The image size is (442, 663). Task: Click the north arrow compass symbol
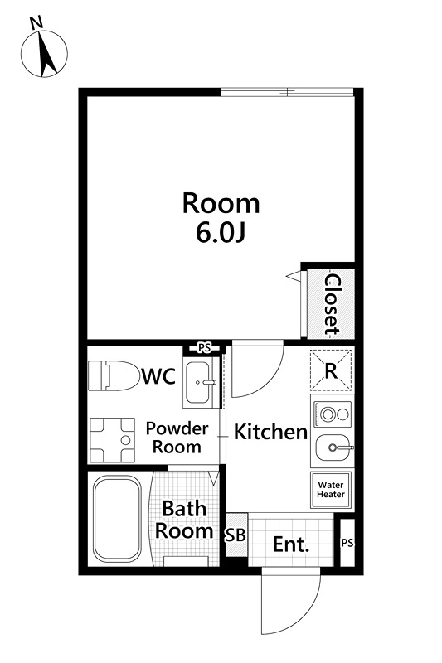(44, 54)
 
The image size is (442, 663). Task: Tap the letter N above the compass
(37, 23)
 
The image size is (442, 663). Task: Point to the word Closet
(332, 305)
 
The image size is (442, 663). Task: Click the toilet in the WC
(114, 375)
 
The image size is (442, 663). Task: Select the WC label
(159, 376)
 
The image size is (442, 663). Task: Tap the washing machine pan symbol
(112, 440)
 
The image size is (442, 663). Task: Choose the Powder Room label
(177, 438)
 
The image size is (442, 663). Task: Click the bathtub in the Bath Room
(117, 519)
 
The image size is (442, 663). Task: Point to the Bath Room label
(184, 520)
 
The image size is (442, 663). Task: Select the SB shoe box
(236, 535)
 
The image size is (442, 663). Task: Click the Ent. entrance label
(291, 544)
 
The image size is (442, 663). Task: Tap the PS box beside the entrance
(347, 543)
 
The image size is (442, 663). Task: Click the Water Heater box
(331, 490)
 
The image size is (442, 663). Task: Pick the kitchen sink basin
(333, 448)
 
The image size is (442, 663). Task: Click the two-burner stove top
(332, 414)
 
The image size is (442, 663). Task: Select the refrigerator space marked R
(331, 370)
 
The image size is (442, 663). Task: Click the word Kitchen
(270, 432)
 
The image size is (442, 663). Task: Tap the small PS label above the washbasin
(205, 348)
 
